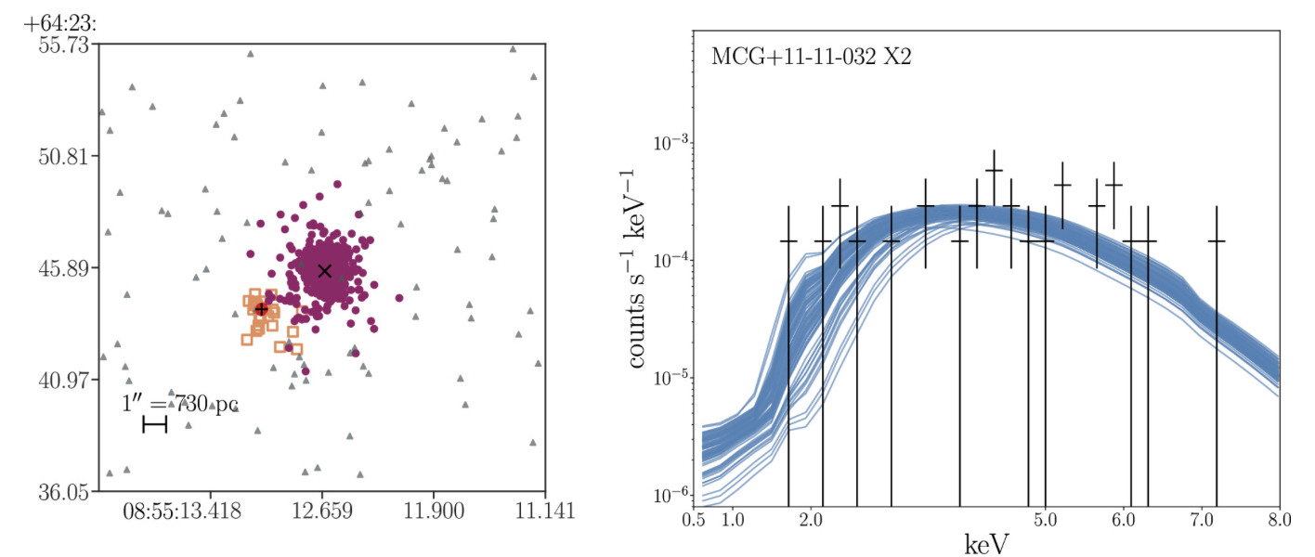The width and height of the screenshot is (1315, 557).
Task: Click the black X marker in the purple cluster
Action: [324, 271]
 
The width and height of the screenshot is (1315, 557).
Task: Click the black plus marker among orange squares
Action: [262, 309]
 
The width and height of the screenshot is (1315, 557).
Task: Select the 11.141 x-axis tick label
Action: [545, 511]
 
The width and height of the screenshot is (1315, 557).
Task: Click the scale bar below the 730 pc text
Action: [154, 425]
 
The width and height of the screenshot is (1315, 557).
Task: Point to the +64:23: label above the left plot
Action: [62, 17]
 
